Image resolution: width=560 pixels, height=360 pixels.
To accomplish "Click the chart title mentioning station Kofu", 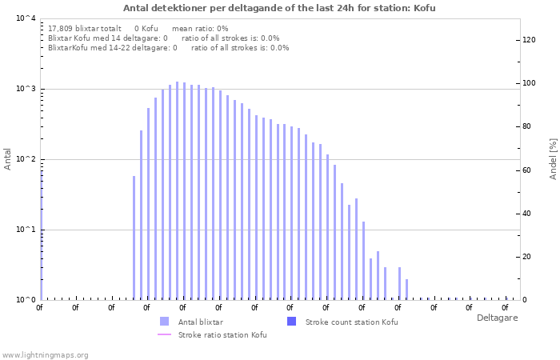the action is point(279,8).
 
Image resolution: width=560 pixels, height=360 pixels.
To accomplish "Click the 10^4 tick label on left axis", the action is point(26,18).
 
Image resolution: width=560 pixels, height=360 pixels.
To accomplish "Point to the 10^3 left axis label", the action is point(26,89).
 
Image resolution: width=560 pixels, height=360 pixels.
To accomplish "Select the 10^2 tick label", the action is point(26,159).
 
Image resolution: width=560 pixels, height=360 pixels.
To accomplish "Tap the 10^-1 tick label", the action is point(26,230).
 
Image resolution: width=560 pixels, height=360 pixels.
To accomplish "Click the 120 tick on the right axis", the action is point(529,40).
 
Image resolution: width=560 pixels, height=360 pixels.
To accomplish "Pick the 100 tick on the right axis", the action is point(529,83).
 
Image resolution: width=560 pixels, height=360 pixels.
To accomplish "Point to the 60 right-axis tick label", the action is point(526,170).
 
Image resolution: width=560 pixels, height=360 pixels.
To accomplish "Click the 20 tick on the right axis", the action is point(526,257).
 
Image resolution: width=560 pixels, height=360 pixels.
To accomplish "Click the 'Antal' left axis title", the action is point(7,159).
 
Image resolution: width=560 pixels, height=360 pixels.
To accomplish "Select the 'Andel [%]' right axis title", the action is point(553,159).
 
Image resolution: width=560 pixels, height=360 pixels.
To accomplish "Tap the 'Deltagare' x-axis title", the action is point(497,318).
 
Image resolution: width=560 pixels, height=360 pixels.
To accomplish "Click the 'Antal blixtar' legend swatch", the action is point(164,322).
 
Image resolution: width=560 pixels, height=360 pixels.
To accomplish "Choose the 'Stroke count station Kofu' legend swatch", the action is point(291,322).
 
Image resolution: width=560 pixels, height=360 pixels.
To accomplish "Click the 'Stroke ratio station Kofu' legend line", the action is point(164,334).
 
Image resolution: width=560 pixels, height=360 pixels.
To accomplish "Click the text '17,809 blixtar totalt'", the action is point(85,29).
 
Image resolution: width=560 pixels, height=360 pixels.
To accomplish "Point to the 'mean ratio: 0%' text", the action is point(200,29).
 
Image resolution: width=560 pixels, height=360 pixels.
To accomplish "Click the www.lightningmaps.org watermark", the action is point(45,355).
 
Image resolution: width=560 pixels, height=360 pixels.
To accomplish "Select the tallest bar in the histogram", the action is point(177,191).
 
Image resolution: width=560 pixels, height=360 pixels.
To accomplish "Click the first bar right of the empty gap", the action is point(134,238).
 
